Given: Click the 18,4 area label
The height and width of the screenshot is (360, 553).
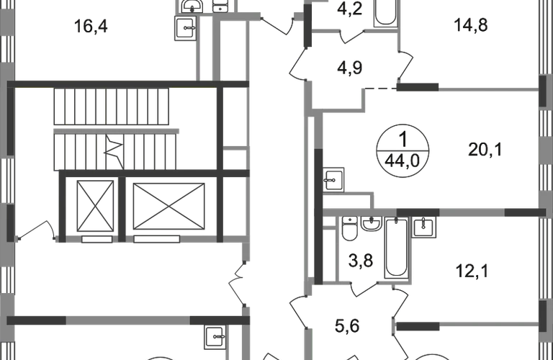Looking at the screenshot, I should point(90,27).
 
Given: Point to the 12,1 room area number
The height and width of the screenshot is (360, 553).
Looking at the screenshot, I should point(472,272).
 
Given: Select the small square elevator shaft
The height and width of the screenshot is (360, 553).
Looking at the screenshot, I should point(95,204).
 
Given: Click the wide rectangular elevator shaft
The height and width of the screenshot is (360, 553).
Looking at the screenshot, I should point(170,205).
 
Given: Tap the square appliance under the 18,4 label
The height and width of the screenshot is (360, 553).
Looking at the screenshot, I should point(186,31).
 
